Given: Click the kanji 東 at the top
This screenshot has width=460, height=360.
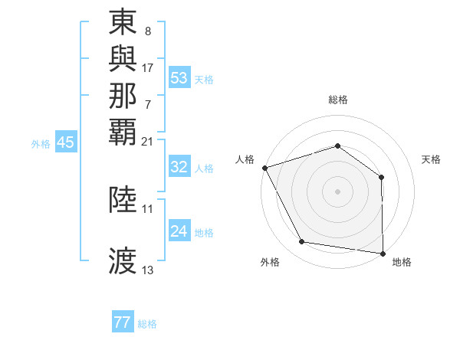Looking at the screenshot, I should (123, 23).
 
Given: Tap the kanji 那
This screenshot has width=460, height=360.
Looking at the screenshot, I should (123, 95).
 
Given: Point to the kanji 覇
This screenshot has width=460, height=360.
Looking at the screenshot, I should (123, 131).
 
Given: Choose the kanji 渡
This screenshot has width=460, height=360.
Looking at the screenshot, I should (123, 261).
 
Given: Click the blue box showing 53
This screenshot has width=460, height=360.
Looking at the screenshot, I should (179, 78).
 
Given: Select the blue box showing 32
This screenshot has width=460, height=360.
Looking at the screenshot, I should (179, 168).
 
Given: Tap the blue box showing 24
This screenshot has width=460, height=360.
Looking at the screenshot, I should (179, 231).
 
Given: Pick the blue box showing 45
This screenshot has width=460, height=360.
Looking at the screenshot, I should (66, 142).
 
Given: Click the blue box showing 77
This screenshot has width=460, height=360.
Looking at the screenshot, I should (123, 322).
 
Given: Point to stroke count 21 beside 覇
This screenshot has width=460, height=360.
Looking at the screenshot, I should (148, 142).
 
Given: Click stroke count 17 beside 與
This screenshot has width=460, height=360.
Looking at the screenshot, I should (148, 67).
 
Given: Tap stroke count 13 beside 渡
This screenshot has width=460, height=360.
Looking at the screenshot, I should (148, 270).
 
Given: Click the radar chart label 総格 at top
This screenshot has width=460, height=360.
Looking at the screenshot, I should (338, 100).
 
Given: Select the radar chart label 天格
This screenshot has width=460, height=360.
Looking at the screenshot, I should (431, 159).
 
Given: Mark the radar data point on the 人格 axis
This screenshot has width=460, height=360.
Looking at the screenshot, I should (264, 167).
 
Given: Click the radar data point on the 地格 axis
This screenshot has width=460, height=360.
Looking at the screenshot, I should (383, 253).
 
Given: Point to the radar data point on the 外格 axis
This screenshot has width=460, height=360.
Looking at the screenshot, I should (302, 242).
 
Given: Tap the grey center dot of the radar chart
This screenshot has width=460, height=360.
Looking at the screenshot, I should (338, 191).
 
